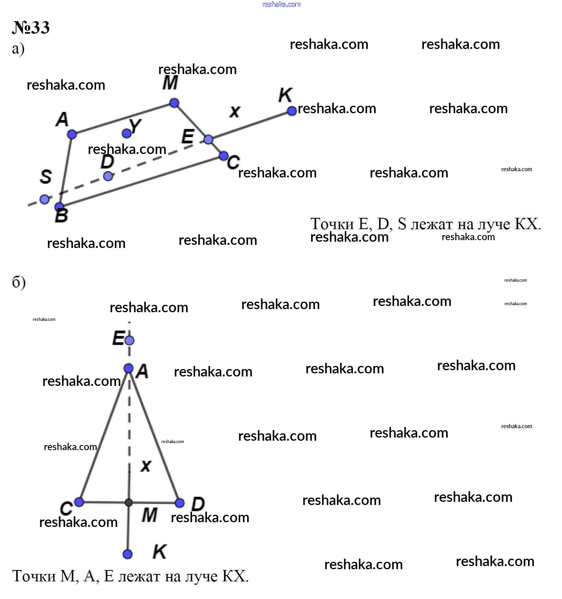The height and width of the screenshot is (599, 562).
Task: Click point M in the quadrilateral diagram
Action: point(174,103)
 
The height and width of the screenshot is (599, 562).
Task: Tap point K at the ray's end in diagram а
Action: point(292,111)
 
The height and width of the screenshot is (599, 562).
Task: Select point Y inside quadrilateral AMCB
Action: point(126,134)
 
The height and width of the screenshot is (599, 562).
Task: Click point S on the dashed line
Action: point(45,199)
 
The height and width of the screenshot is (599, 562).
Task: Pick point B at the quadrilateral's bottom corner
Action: point(59,207)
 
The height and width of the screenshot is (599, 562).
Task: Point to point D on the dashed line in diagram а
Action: point(108,176)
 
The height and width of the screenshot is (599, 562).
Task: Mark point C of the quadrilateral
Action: point(224,156)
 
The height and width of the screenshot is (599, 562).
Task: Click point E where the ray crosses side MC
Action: point(208,139)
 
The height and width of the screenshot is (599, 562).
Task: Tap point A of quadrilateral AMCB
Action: point(72,134)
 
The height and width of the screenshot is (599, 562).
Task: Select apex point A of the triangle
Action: point(128,368)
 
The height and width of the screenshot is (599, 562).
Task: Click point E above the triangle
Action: point(129,340)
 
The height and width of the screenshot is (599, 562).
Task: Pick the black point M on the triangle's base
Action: point(128,503)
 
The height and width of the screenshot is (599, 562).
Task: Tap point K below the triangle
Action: point(128,554)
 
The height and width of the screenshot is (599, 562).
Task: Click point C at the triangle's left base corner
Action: point(79,502)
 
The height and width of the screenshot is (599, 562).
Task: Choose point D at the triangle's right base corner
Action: point(180,503)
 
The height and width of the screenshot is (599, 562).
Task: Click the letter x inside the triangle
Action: point(146,466)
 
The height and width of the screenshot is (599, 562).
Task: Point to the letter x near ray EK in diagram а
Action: point(235,112)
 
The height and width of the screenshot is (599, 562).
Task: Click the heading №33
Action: point(31,28)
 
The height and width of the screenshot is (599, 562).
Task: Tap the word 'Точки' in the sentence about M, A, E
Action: point(34,576)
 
